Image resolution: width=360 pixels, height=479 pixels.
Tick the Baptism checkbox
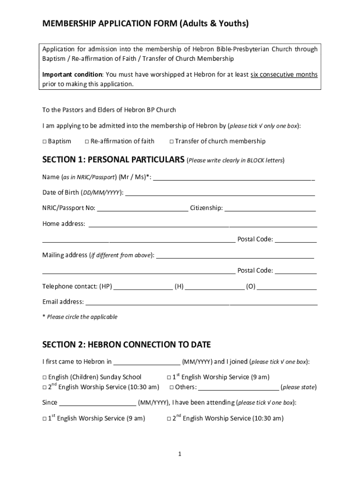[44, 141]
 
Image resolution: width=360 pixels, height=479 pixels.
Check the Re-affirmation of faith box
[87, 141]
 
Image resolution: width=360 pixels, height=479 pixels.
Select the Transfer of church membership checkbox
[172, 141]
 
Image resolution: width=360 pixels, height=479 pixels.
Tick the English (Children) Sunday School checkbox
[44, 377]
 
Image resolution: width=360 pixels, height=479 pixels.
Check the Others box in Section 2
[172, 387]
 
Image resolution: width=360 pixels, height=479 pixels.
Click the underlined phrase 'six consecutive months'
[284, 75]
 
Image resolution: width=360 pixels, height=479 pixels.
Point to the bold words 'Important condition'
[72, 75]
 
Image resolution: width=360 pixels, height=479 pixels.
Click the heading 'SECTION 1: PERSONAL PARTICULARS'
[113, 160]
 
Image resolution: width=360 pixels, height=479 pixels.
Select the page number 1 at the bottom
[180, 454]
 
